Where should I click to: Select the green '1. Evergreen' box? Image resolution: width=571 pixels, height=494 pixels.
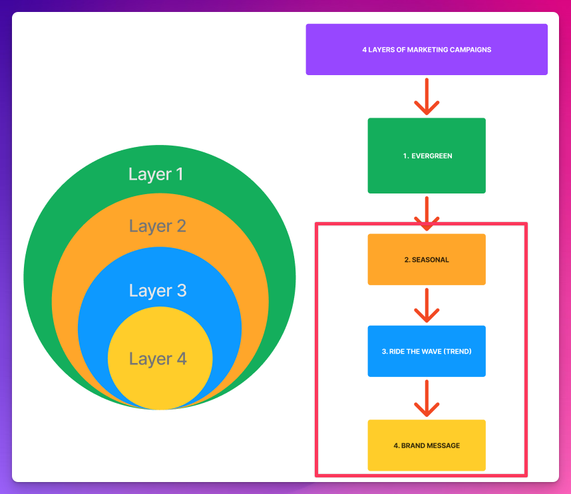tap(427, 156)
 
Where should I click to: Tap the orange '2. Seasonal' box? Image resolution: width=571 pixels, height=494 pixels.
tap(427, 259)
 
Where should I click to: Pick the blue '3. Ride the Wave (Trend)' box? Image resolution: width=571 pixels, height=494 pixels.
tap(427, 351)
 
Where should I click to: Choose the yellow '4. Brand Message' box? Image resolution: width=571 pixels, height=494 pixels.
tap(427, 445)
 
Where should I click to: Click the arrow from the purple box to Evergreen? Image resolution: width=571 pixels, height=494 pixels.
tap(427, 96)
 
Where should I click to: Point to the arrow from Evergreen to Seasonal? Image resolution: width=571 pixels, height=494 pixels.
tap(427, 213)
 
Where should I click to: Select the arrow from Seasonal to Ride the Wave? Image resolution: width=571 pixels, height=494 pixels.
tap(427, 305)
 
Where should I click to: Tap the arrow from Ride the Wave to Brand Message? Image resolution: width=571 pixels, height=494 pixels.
tap(427, 398)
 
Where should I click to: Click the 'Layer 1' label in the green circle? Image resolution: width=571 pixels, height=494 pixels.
tap(156, 174)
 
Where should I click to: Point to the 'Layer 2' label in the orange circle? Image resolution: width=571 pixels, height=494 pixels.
tap(158, 226)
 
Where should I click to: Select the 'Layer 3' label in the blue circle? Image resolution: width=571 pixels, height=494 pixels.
tap(158, 291)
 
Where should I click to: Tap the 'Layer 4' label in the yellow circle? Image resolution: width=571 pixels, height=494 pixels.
tap(158, 359)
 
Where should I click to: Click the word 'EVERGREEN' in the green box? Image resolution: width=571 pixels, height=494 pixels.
tap(432, 156)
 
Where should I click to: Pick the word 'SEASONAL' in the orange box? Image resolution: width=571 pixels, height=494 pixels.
tap(431, 260)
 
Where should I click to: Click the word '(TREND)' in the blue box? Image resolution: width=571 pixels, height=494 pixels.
tap(458, 351)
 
